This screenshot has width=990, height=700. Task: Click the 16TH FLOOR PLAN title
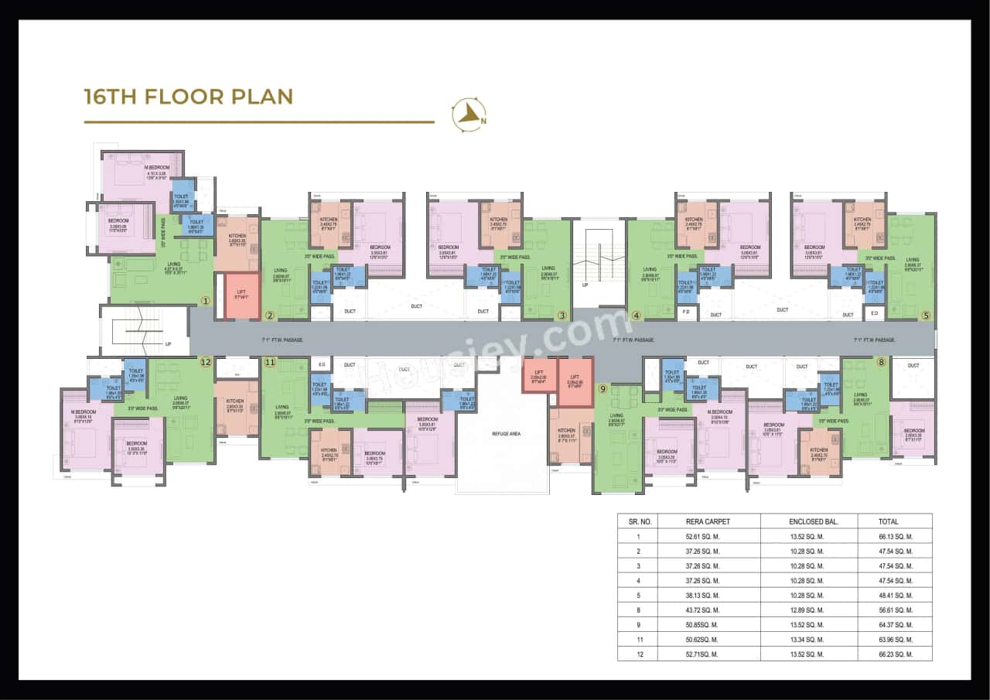188,97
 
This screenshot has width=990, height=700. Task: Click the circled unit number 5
926,315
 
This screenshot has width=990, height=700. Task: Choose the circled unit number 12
205,361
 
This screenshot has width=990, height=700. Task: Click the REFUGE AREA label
506,434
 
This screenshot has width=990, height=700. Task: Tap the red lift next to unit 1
241,295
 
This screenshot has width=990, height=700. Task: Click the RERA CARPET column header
708,521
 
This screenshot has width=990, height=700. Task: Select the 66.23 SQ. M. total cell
896,654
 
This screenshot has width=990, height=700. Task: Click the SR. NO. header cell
639,521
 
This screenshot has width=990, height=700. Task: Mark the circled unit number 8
880,361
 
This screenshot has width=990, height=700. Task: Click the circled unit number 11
269,361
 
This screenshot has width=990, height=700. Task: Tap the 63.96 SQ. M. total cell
896,640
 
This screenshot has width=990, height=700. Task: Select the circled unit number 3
562,315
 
